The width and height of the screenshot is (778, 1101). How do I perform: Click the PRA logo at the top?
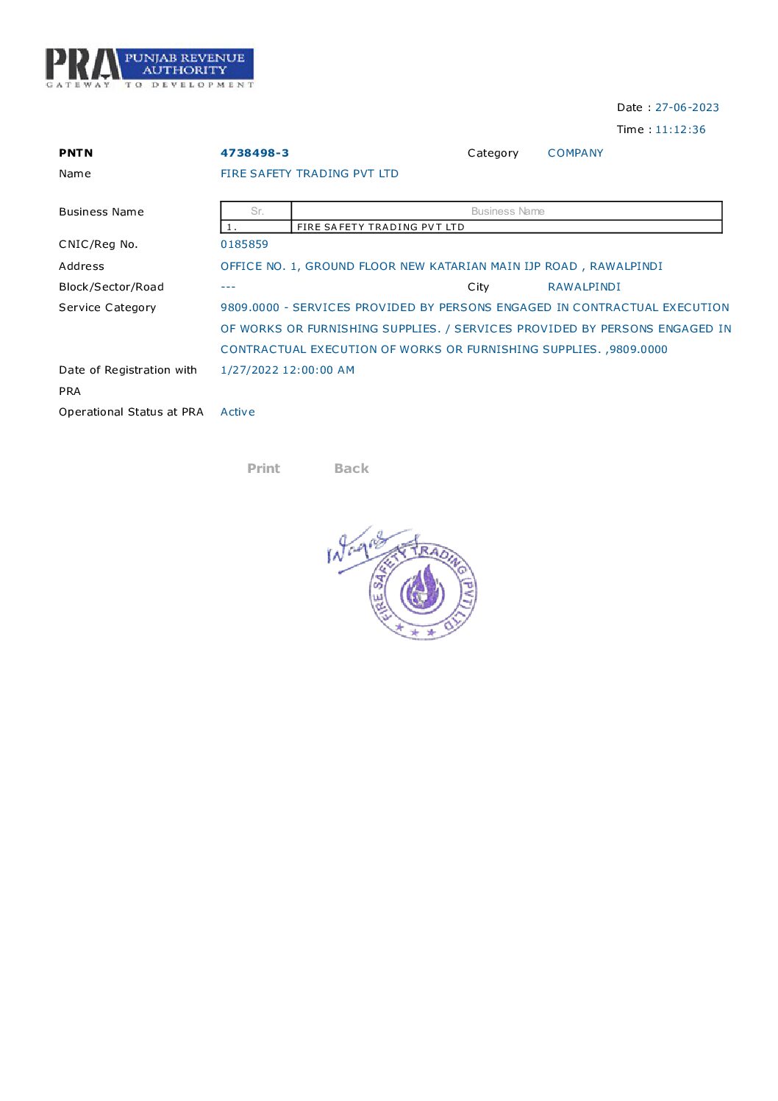[149, 68]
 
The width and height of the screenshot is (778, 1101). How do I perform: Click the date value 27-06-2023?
[687, 107]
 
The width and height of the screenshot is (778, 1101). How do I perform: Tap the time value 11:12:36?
[680, 129]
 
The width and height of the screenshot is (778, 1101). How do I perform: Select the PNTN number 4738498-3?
[254, 153]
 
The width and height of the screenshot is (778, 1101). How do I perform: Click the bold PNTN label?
[76, 153]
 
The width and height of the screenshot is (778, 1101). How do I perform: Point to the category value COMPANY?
[575, 153]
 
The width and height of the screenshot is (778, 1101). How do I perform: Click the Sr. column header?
[257, 211]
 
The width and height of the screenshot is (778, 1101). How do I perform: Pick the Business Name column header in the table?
[507, 211]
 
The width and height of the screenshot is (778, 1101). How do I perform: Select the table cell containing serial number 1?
[256, 227]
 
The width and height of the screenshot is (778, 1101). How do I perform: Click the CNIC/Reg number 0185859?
[244, 244]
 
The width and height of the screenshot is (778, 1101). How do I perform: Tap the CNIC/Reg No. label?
[98, 244]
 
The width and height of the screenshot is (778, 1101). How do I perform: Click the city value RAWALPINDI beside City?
[584, 287]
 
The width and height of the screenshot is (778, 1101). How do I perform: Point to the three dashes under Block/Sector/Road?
[228, 287]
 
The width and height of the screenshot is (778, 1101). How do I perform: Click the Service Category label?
[107, 307]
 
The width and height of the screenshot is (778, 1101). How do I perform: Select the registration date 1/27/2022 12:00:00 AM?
[288, 370]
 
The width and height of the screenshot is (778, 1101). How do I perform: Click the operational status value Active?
[238, 412]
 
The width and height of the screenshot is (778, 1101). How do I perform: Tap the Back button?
[351, 468]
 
